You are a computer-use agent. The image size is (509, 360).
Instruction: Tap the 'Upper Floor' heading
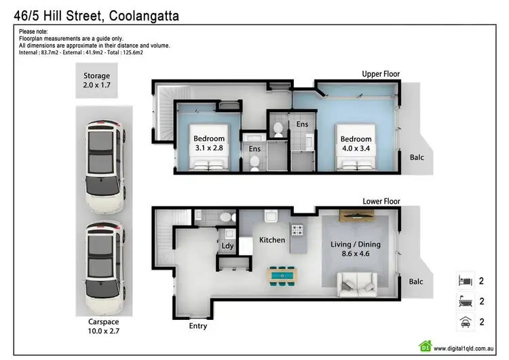381,74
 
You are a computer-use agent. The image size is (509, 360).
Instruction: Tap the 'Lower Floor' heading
381,202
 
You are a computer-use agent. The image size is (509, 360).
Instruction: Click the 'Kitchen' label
271,240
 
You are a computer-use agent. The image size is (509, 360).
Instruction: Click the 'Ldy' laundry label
227,247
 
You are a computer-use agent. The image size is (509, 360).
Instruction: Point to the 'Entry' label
198,325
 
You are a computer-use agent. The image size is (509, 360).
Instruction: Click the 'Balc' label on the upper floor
417,157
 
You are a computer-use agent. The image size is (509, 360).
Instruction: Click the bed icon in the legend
465,280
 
